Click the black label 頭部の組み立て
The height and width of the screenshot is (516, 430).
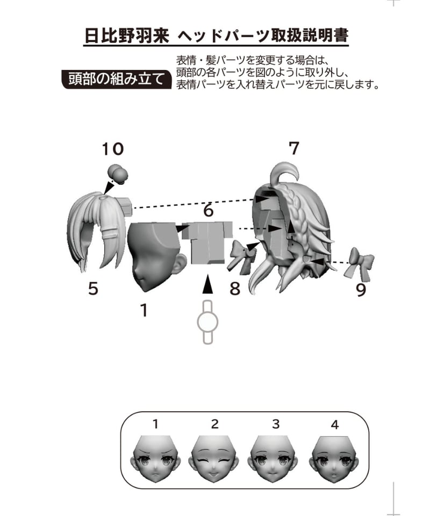click(117, 79)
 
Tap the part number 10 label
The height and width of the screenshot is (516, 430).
click(112, 149)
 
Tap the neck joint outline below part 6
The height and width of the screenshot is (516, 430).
click(207, 322)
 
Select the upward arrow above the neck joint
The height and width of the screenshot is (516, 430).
click(207, 284)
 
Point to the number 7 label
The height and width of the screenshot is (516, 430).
click(294, 148)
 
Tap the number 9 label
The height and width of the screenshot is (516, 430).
click(361, 290)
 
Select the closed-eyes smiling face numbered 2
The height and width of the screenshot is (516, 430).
click(214, 459)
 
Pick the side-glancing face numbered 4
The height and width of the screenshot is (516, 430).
click(334, 459)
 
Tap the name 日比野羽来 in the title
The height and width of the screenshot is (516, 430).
click(127, 35)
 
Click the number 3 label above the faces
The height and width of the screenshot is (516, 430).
click(276, 424)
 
